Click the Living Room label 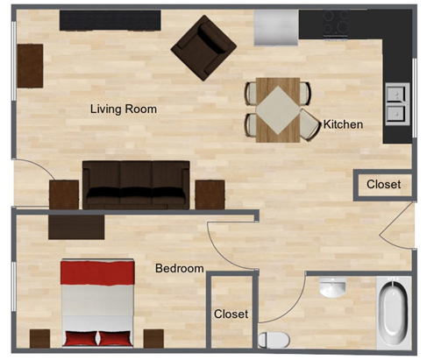(x=124, y=109)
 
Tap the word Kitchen (x=343, y=124)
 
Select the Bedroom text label (x=179, y=269)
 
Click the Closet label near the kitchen (x=383, y=185)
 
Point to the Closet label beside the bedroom (x=231, y=314)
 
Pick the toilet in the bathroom (x=274, y=338)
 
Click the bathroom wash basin (x=332, y=287)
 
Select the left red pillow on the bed (x=82, y=338)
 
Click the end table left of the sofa (x=64, y=194)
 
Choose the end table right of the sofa (x=210, y=194)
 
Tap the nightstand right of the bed (x=153, y=338)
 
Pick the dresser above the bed (x=76, y=226)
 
